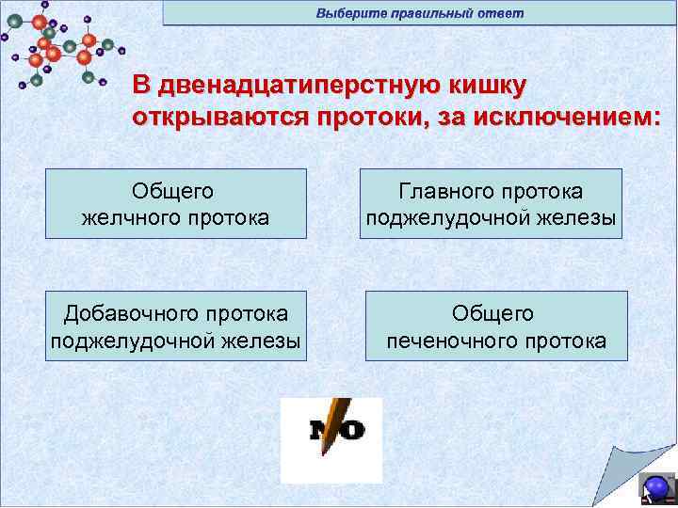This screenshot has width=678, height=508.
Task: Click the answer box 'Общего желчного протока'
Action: (x=176, y=204)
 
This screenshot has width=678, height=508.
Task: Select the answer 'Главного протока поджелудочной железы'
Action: (x=491, y=204)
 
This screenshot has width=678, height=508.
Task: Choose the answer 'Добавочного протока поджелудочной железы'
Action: (x=176, y=325)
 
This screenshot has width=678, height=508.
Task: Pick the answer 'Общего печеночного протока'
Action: (x=496, y=325)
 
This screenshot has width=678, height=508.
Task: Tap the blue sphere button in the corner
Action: (x=656, y=487)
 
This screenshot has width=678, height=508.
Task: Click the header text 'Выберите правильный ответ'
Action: (x=419, y=13)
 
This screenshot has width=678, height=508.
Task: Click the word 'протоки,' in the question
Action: (x=363, y=117)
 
